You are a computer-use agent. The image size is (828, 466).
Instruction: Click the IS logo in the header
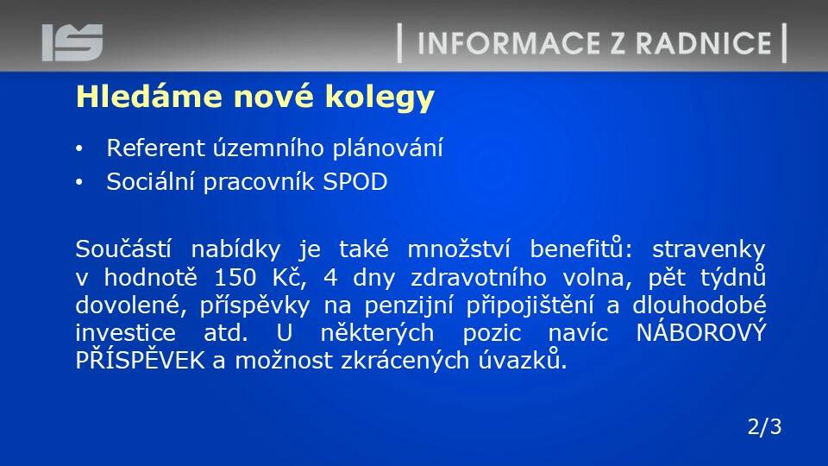(x=72, y=42)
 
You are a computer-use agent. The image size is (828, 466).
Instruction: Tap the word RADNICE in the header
(x=704, y=43)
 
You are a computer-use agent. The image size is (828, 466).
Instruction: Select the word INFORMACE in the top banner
(x=509, y=43)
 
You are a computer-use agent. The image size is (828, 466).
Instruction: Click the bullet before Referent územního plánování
(x=79, y=149)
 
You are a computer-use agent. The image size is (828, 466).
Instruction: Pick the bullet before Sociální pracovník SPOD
(x=79, y=183)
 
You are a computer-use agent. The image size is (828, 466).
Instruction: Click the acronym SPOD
(x=354, y=182)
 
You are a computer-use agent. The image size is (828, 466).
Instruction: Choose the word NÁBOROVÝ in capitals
(x=700, y=332)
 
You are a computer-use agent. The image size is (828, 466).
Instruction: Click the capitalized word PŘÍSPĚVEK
(x=140, y=360)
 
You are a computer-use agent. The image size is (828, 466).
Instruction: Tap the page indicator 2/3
(x=764, y=426)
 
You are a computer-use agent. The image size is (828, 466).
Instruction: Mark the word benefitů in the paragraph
(x=577, y=249)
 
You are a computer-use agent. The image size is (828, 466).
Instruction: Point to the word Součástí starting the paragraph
(x=123, y=249)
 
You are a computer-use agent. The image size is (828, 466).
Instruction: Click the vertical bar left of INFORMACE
(x=399, y=43)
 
